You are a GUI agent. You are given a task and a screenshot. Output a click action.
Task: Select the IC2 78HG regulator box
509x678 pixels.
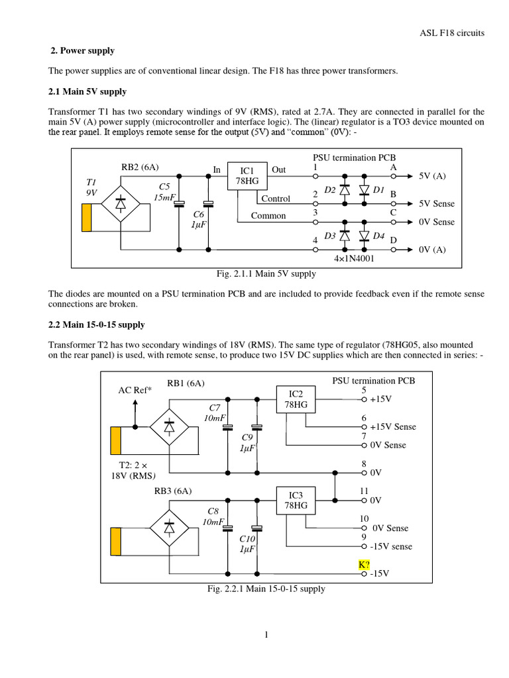pyautogui.click(x=296, y=399)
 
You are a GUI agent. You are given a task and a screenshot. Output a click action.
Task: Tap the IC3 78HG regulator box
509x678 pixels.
pyautogui.click(x=296, y=501)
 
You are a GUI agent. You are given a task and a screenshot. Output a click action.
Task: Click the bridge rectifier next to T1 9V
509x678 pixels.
pyautogui.click(x=121, y=203)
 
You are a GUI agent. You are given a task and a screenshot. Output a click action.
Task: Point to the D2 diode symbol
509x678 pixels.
pyautogui.click(x=344, y=190)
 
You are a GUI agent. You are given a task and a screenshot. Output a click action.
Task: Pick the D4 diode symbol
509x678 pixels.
pyautogui.click(x=364, y=236)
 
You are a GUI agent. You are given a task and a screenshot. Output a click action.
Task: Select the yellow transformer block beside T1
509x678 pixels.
pyautogui.click(x=87, y=218)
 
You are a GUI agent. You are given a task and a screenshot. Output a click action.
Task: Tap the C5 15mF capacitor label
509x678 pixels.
pyautogui.click(x=165, y=192)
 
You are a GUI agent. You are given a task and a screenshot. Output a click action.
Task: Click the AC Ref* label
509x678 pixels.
pyautogui.click(x=135, y=390)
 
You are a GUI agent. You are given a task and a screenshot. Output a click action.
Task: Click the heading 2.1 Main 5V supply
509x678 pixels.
pyautogui.click(x=87, y=91)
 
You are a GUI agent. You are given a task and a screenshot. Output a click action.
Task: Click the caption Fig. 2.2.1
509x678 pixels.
pyautogui.click(x=266, y=588)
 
